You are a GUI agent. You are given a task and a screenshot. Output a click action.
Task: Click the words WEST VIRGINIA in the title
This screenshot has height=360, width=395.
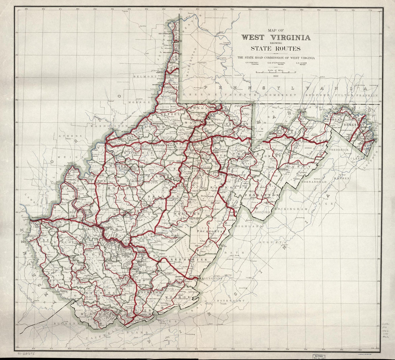[276, 37]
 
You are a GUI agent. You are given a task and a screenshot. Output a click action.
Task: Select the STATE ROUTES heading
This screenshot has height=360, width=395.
[276, 49]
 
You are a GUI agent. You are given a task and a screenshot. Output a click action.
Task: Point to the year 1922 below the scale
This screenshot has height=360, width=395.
[276, 76]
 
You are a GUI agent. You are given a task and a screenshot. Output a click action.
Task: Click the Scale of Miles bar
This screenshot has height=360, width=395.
[276, 72]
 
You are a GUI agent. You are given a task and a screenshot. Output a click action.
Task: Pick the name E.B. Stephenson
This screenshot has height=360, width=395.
[276, 64]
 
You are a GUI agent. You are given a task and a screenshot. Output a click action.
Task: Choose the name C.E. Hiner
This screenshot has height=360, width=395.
[301, 64]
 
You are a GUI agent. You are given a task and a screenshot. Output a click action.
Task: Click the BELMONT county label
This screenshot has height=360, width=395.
[145, 77]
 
